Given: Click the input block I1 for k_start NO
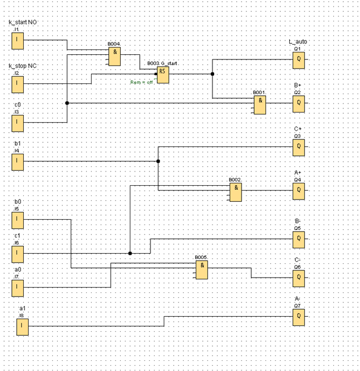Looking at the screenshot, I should [x=18, y=41].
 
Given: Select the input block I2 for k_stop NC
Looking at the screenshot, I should [x=18, y=84].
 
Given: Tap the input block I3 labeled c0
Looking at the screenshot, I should [x=18, y=123].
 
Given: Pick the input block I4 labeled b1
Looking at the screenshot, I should [x=18, y=161].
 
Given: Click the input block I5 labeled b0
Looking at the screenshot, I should [x=18, y=220].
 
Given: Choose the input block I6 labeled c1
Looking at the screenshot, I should [x=18, y=254].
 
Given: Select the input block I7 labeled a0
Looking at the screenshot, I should [x=18, y=288].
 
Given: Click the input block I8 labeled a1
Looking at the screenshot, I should [x=23, y=326].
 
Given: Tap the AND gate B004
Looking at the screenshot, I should [x=114, y=56].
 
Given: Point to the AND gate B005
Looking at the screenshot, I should [x=202, y=269].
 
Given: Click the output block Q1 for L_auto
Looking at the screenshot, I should [x=298, y=60].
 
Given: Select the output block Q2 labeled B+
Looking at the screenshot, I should [x=298, y=103].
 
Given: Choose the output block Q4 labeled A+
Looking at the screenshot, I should [x=298, y=191].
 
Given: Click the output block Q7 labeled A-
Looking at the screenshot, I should [x=298, y=317].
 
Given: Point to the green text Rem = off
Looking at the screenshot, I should [x=142, y=82].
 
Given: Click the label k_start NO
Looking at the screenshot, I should [x=23, y=23].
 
